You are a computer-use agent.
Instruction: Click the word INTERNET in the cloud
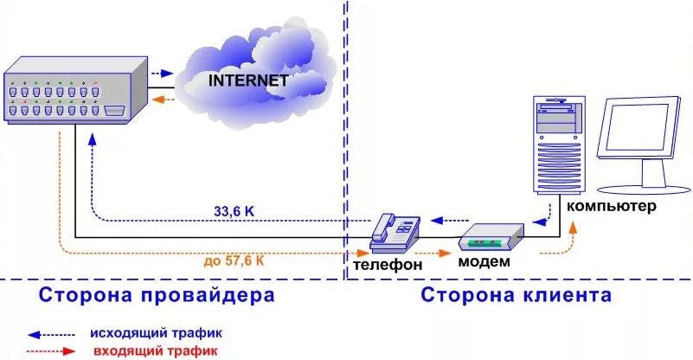[x=248, y=80]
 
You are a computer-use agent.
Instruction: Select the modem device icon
[x=491, y=236]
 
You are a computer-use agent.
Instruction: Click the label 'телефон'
[x=388, y=264]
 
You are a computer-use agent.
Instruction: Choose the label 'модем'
[x=483, y=262]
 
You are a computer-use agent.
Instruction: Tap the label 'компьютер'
[x=612, y=207]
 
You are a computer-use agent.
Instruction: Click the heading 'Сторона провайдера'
[x=157, y=296]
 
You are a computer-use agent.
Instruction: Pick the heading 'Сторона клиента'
[x=517, y=296]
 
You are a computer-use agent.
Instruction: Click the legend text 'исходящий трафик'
[x=157, y=332]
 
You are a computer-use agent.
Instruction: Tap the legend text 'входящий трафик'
[x=156, y=350]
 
